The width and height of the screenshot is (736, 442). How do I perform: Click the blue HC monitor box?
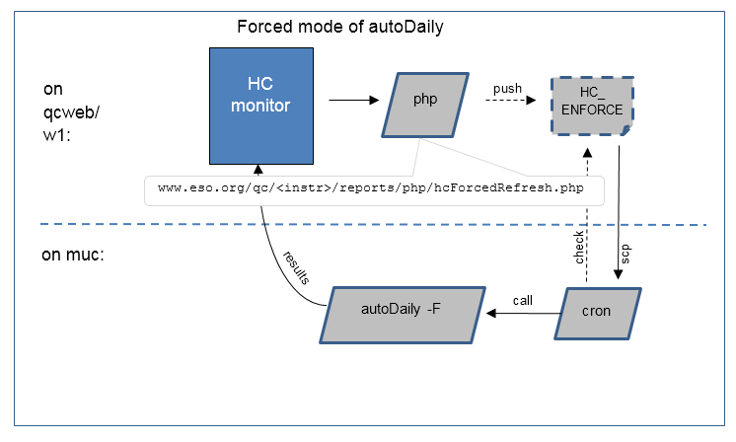[258, 106]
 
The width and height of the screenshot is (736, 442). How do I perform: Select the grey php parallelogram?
[423, 103]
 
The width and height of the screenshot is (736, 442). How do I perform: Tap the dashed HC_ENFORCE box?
[593, 102]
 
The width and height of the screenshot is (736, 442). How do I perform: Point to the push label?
[507, 89]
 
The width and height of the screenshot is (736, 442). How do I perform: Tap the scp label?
[626, 253]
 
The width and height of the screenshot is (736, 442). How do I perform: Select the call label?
[525, 298]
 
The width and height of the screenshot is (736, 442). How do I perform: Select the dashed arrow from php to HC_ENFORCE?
[507, 102]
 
